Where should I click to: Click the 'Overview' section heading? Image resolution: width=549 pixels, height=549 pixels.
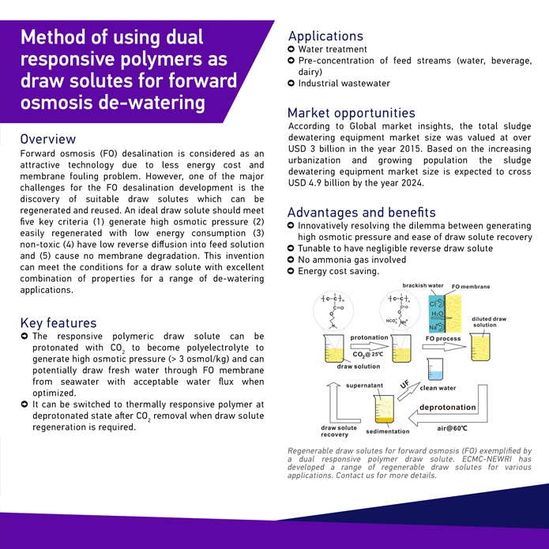pos(48,139)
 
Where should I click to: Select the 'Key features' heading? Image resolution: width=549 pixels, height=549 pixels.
pos(58,322)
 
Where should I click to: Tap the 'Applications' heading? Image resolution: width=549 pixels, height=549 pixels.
pos(325,36)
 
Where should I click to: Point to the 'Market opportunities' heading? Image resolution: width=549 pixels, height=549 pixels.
pos(351,113)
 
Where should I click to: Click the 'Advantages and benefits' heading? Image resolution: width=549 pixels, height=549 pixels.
pos(361,212)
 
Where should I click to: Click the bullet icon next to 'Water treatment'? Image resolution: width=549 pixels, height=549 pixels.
pos(291,49)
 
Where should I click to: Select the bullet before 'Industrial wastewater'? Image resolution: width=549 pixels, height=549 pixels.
pos(291,83)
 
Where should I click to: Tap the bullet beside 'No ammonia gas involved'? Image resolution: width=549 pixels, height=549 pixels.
pos(291,260)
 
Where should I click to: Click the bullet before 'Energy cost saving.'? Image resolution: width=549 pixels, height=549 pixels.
pos(291,272)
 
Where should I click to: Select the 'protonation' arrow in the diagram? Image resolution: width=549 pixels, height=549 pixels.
pos(369,345)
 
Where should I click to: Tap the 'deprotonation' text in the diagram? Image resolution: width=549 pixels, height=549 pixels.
pos(447,408)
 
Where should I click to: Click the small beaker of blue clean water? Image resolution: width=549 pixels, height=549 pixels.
pos(435,368)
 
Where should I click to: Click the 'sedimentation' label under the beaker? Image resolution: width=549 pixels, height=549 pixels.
pos(388,431)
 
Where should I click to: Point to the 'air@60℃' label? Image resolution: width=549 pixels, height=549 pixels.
pos(453,428)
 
